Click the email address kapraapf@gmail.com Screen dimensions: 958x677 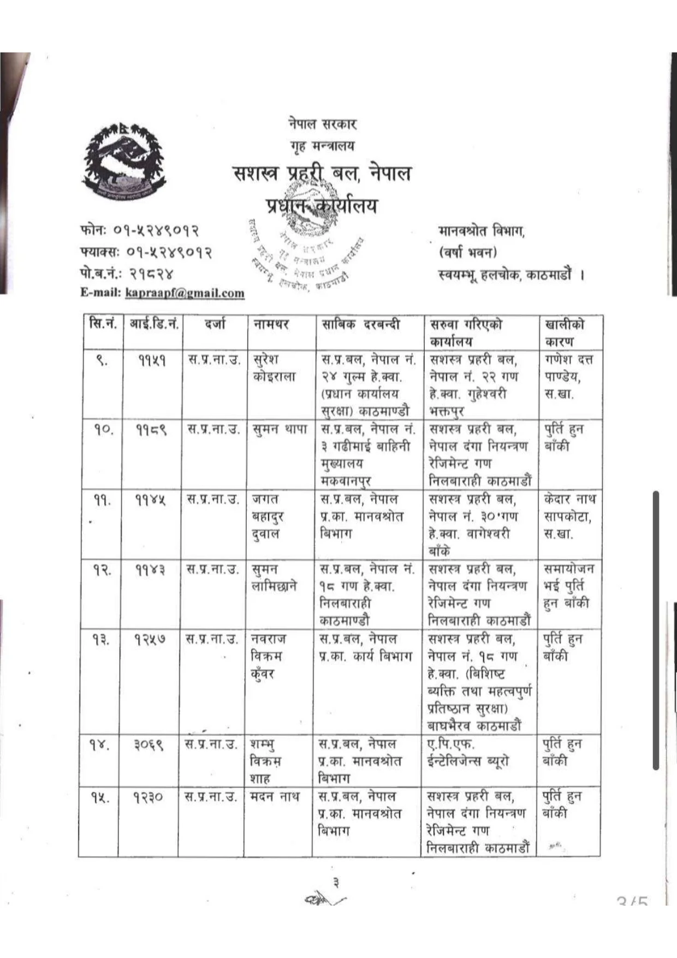(x=185, y=293)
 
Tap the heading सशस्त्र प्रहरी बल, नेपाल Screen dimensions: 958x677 (x=322, y=174)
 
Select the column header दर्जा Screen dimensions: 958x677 (x=215, y=324)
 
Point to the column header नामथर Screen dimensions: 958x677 (x=271, y=324)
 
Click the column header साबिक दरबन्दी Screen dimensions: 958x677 (x=360, y=324)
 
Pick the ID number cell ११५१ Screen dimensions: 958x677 (x=152, y=360)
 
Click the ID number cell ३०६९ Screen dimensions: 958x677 (x=149, y=745)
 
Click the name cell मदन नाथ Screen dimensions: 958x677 (x=275, y=796)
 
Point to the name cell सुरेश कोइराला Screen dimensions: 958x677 (x=274, y=368)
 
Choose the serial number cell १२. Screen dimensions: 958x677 (x=102, y=570)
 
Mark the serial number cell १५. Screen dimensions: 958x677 (x=100, y=798)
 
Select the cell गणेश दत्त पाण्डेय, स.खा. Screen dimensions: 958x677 (x=569, y=376)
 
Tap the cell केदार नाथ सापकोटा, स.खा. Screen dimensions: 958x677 (x=569, y=516)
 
